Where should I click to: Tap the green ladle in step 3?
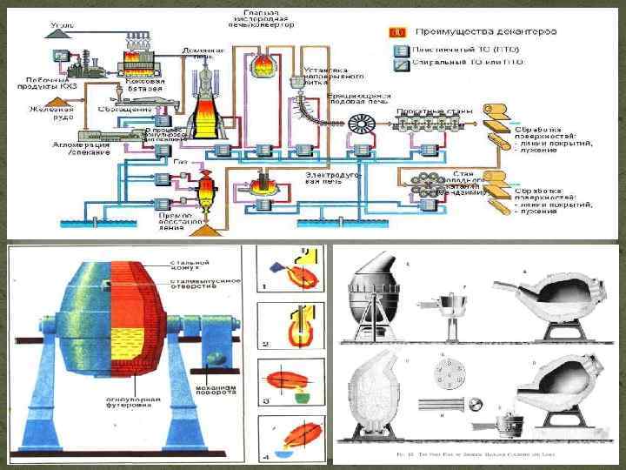pyautogui.click(x=303, y=399)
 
